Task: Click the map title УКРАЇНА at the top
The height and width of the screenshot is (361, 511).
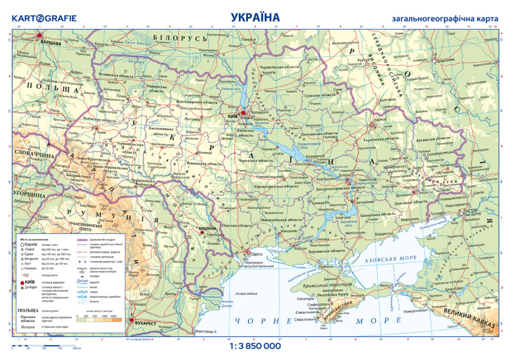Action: [255, 17]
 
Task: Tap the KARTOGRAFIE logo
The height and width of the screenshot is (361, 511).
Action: [44, 18]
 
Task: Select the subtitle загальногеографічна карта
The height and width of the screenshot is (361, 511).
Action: [445, 19]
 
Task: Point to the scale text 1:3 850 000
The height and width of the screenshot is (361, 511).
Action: [255, 346]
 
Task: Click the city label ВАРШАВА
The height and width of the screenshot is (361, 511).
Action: [50, 43]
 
